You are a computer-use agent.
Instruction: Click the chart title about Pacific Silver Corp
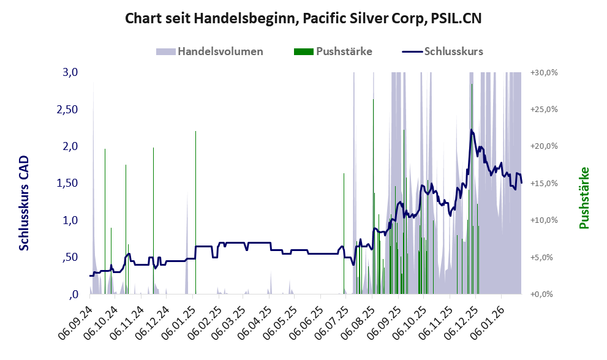coord(303,18)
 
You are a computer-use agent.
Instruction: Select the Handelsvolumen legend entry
coord(210,51)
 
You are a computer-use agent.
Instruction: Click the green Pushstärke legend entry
coord(333,51)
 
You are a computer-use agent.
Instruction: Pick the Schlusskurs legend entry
coord(442,51)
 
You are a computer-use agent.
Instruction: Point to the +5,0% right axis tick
coord(545,257)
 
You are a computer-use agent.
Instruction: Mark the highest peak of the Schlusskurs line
coord(471,130)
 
